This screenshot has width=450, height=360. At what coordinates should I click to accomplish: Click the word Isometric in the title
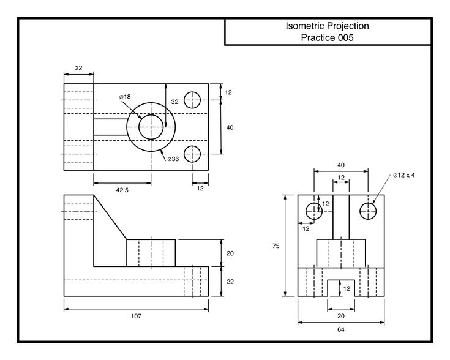pos(304,26)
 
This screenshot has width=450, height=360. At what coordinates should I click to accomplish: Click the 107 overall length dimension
pos(136,316)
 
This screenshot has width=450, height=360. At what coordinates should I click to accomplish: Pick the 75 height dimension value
pos(276,246)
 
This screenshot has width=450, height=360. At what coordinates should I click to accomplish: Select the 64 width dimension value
pos(341,329)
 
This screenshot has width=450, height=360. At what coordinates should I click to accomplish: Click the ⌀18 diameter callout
pos(124,97)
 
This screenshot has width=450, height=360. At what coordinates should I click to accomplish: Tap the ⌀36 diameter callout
pos(173,159)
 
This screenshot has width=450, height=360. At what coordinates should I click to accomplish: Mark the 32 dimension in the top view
pos(174,102)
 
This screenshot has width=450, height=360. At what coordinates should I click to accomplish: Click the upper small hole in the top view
pos(193,100)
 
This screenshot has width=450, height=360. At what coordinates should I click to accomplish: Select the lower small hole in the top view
pos(193,153)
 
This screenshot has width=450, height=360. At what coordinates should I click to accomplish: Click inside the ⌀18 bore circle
pos(151,127)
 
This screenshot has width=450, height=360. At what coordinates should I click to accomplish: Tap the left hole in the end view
pos(313,211)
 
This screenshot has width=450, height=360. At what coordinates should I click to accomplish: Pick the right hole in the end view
pos(368,211)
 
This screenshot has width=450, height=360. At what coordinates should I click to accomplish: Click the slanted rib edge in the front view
pos(110,218)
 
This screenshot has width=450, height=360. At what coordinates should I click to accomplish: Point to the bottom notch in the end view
pos(341,289)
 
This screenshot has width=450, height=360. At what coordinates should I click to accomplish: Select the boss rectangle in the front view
pos(151,253)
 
